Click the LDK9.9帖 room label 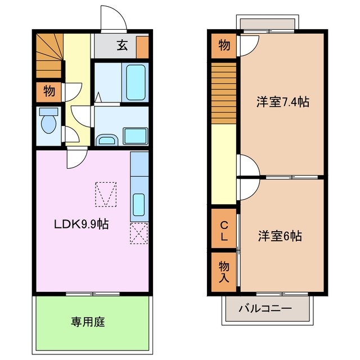click(81, 224)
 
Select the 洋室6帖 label click(280, 236)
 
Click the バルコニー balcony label click(265, 308)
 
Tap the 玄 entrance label click(123, 46)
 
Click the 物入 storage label click(224, 272)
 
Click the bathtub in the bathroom click(136, 82)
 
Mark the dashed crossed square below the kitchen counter click(138, 233)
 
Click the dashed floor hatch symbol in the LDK click(106, 193)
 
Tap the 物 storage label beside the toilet click(49, 91)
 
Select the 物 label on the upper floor click(224, 46)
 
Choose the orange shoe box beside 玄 click(142, 47)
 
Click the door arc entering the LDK click(76, 158)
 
